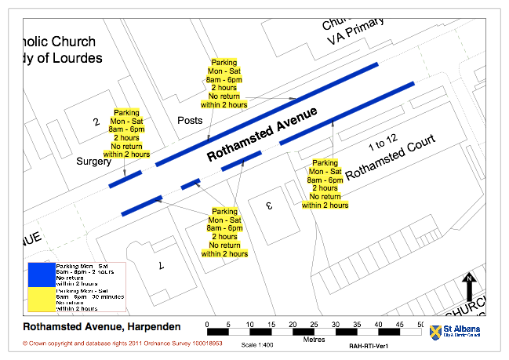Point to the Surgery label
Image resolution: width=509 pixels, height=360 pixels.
click(94, 162)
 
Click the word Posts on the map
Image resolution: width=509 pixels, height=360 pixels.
click(191, 121)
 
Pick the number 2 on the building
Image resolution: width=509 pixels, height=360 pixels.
click(96, 122)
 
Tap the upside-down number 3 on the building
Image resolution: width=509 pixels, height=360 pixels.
click(267, 206)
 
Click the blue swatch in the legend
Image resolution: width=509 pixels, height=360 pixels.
click(40, 275)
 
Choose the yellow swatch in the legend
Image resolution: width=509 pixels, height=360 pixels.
click(40, 298)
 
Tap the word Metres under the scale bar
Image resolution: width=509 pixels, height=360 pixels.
click(314, 339)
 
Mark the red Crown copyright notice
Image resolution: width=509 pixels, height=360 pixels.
click(122, 344)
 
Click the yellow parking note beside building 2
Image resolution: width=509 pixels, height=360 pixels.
click(126, 133)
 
